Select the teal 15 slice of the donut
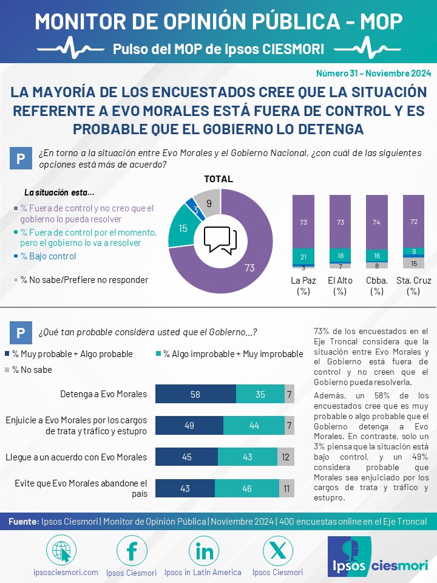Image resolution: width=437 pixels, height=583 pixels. pyautogui.click(x=182, y=227)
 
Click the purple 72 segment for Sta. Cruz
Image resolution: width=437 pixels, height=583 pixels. pyautogui.click(x=413, y=221)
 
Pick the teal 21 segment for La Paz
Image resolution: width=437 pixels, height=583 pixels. pyautogui.click(x=303, y=256)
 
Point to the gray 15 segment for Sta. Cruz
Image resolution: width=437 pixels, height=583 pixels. pyautogui.click(x=413, y=263)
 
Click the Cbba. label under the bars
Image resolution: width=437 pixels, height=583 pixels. pyautogui.click(x=377, y=281)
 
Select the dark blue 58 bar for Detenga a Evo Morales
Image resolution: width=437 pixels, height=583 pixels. pyautogui.click(x=195, y=394)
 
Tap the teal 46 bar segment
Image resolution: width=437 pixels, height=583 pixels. pyautogui.click(x=247, y=488)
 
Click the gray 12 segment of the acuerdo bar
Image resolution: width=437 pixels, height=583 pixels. pyautogui.click(x=286, y=457)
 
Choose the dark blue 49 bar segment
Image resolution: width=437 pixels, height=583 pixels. pyautogui.click(x=189, y=425)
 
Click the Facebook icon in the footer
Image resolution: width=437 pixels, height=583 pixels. pyautogui.click(x=132, y=551)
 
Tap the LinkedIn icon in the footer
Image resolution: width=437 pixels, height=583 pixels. pyautogui.click(x=204, y=551)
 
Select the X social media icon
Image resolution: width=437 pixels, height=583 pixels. pyautogui.click(x=277, y=551)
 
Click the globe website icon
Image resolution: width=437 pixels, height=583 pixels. pyautogui.click(x=61, y=551)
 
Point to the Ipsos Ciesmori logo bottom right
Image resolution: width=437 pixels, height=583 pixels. pyautogui.click(x=379, y=556)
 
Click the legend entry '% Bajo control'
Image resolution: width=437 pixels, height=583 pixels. pyautogui.click(x=45, y=256)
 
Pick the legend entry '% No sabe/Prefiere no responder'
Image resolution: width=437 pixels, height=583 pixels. pyautogui.click(x=81, y=280)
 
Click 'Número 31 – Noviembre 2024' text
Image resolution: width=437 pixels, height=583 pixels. pyautogui.click(x=373, y=73)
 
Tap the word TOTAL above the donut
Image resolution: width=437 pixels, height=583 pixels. pyautogui.click(x=218, y=179)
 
